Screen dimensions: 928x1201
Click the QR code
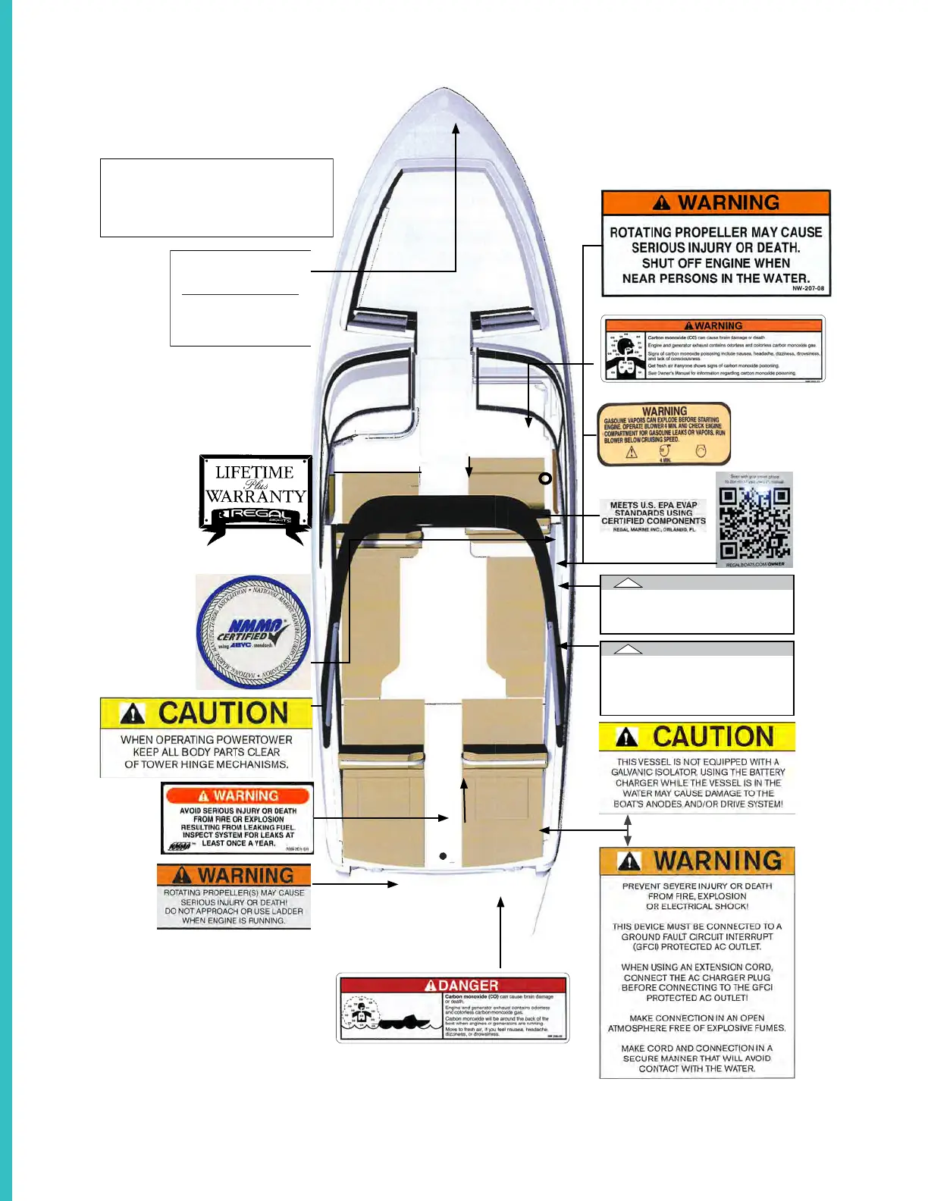click(x=754, y=522)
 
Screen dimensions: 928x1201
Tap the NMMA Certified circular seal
click(x=253, y=632)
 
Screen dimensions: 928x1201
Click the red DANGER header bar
click(x=453, y=985)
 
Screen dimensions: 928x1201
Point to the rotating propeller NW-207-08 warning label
click(x=716, y=243)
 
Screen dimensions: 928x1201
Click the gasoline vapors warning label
click(x=664, y=434)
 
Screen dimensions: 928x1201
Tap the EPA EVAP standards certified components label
click(x=654, y=516)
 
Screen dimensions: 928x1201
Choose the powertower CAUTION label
click(x=206, y=737)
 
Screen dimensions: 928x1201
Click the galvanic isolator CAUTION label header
click(x=697, y=736)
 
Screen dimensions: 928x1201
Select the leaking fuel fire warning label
click(x=237, y=818)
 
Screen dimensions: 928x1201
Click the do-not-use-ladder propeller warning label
click(x=234, y=897)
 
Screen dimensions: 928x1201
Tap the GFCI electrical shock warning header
click(x=697, y=861)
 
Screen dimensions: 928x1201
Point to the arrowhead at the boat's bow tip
click(x=456, y=129)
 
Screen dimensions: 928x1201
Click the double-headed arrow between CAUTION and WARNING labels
click(x=627, y=830)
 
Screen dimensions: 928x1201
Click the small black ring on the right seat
click(x=544, y=478)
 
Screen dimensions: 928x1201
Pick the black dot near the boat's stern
click(x=444, y=856)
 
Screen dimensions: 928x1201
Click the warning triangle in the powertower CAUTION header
click(x=133, y=713)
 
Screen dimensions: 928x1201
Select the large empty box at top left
click(x=217, y=197)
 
